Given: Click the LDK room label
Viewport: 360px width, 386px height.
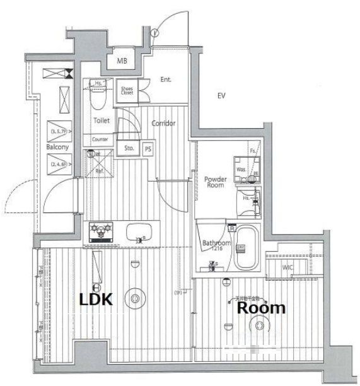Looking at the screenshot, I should tap(95, 300).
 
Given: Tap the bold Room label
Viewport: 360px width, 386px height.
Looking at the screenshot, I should tap(261, 308).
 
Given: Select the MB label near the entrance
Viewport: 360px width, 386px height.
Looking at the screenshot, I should tap(123, 61).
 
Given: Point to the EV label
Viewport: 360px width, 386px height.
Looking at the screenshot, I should tap(221, 96).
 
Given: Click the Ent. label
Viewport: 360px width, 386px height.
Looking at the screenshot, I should tap(166, 79).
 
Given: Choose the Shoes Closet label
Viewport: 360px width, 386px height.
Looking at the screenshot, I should tap(128, 90).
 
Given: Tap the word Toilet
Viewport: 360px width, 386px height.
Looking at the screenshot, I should tap(102, 119).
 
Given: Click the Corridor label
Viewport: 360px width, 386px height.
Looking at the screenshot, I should tap(163, 123).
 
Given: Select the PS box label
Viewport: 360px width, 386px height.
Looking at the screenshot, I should tap(148, 149).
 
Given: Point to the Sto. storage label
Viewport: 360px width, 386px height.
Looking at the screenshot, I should tap(129, 149).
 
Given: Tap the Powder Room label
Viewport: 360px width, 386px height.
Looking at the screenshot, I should tap(216, 182).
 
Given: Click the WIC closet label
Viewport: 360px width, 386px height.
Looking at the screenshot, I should tap(287, 267).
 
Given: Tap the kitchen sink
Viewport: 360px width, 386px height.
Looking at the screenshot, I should tap(139, 232).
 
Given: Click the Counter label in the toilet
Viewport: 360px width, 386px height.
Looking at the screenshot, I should tap(100, 139).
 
